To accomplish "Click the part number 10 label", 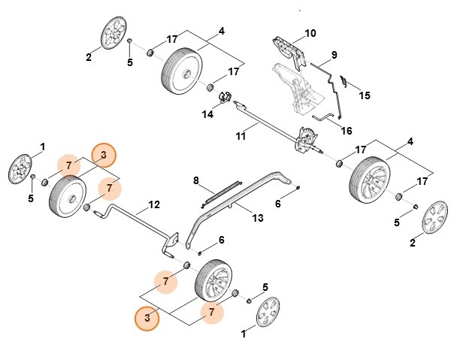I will click(310, 35).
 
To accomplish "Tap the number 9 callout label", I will click(334, 54).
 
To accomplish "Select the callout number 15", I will click(365, 95).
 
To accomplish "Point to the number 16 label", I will click(346, 130).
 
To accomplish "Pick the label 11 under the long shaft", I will click(241, 135).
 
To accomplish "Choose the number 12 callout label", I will click(154, 204).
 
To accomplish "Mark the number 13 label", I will click(258, 218).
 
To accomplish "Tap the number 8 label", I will click(196, 180).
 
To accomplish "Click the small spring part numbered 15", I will click(343, 80).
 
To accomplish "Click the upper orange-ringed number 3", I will click(104, 156).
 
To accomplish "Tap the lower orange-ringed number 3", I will click(147, 318).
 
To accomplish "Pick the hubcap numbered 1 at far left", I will click(20, 168).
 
